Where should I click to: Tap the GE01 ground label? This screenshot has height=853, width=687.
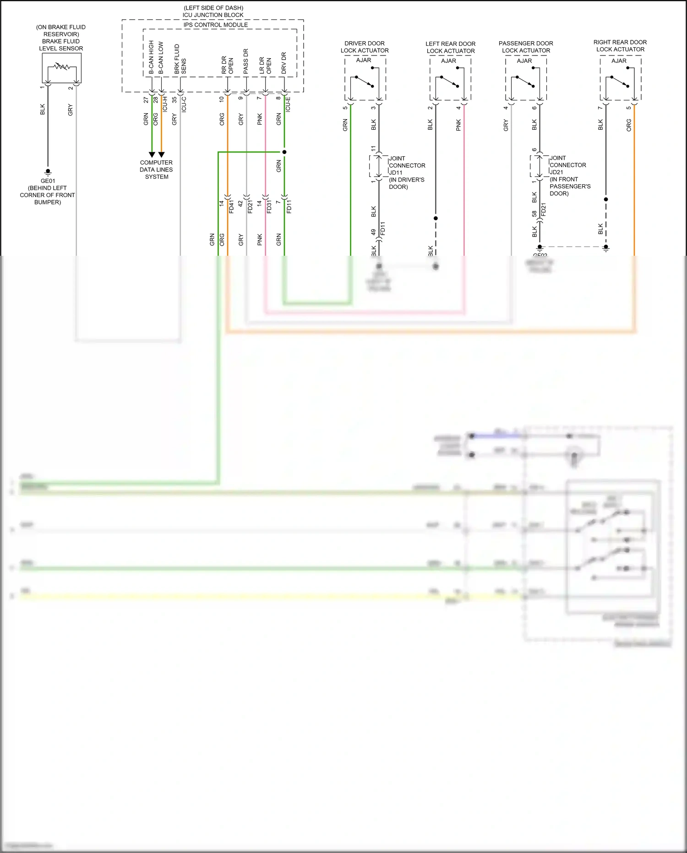tap(48, 181)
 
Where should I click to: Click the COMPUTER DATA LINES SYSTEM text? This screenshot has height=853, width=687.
tap(156, 170)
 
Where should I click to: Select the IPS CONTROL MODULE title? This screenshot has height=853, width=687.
tap(216, 25)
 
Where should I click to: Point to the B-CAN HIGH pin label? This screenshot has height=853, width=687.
tap(151, 57)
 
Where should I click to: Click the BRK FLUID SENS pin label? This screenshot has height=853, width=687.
tap(180, 59)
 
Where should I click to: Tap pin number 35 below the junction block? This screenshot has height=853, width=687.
tap(174, 99)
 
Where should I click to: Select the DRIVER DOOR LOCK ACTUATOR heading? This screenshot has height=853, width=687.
tap(365, 47)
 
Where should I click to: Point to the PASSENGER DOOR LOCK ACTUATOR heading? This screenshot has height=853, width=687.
tap(526, 47)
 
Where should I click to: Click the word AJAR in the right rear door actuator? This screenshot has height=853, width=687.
tap(619, 61)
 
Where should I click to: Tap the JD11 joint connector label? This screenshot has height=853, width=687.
tap(396, 173)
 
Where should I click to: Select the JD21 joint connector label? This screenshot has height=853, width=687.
tap(556, 172)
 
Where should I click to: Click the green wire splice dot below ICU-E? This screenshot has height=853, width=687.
tap(284, 152)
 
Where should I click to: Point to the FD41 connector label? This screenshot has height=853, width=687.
tap(231, 207)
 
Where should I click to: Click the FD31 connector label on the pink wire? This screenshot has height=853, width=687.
tap(269, 207)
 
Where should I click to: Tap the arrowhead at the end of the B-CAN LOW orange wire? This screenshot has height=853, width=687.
tap(161, 155)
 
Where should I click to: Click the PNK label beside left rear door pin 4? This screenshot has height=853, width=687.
tap(458, 125)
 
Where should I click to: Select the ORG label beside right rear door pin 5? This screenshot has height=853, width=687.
tap(629, 125)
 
